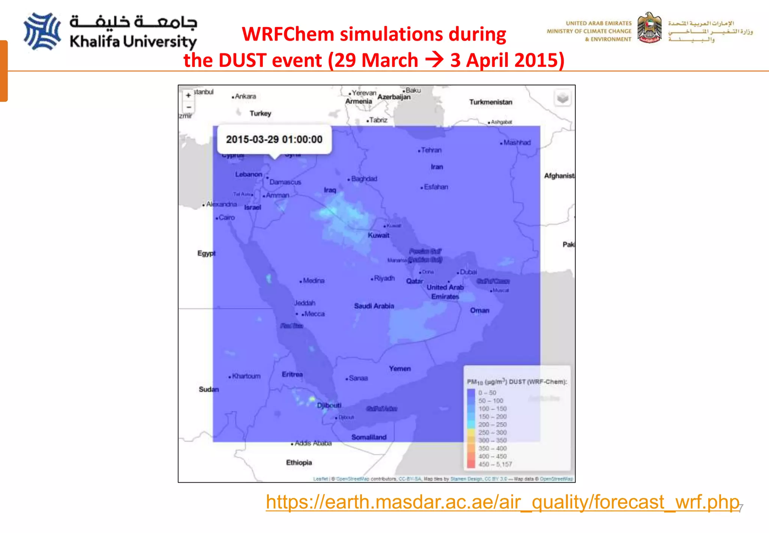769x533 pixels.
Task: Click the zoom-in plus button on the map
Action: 188,95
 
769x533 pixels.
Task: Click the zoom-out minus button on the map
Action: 188,108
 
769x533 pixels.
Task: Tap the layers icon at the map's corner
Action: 562,98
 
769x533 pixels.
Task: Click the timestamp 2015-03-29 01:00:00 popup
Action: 274,139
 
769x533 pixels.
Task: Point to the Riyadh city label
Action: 384,279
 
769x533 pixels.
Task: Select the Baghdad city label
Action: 364,179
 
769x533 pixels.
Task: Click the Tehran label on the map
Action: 431,150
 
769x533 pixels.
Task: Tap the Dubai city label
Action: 468,272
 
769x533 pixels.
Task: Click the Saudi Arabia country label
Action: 374,306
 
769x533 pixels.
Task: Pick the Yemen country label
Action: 400,369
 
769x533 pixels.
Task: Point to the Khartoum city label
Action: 246,376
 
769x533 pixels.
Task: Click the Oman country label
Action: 479,310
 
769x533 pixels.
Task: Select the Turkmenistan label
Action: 490,102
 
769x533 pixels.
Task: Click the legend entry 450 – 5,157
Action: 495,464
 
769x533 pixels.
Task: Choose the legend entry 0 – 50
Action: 487,393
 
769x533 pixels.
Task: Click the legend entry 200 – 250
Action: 492,425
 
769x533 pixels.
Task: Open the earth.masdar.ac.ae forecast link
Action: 502,502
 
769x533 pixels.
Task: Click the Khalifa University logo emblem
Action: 42,32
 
